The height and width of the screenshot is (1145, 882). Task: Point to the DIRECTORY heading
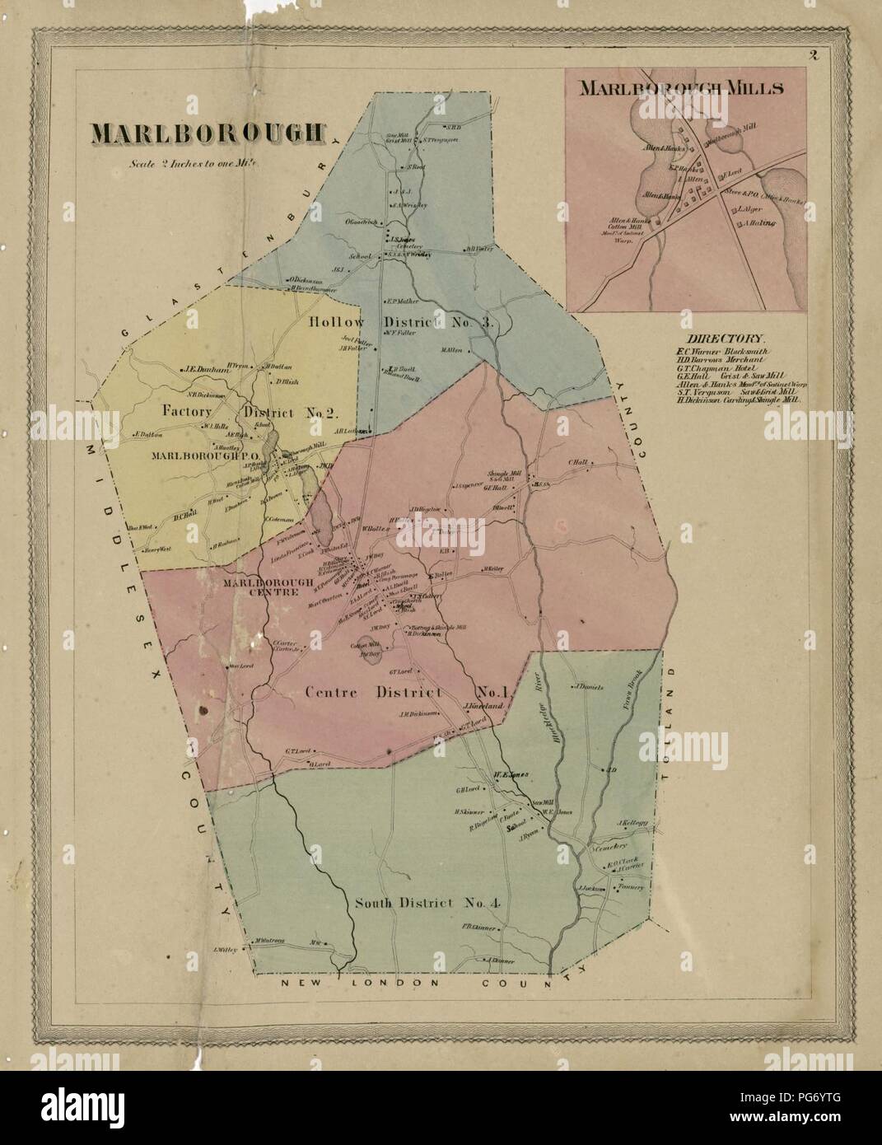(x=726, y=338)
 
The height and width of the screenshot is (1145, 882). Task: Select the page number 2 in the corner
(x=812, y=56)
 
